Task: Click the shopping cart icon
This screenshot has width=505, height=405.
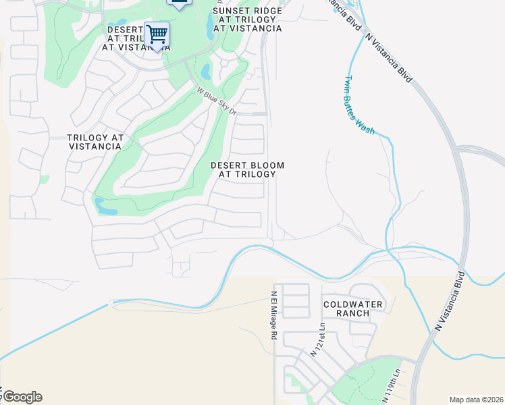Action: (157, 34)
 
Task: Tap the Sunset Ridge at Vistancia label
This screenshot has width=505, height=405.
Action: (247, 20)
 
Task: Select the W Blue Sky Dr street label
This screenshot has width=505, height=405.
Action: (217, 101)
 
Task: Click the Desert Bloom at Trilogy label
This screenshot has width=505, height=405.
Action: (247, 169)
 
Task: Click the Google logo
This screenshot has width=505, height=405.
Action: (22, 397)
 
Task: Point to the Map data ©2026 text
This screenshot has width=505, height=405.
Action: (476, 400)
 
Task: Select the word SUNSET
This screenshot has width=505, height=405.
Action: (230, 11)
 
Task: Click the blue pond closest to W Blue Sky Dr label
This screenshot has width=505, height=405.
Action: (205, 72)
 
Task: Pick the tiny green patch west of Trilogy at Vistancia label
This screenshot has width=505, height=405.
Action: (45, 180)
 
